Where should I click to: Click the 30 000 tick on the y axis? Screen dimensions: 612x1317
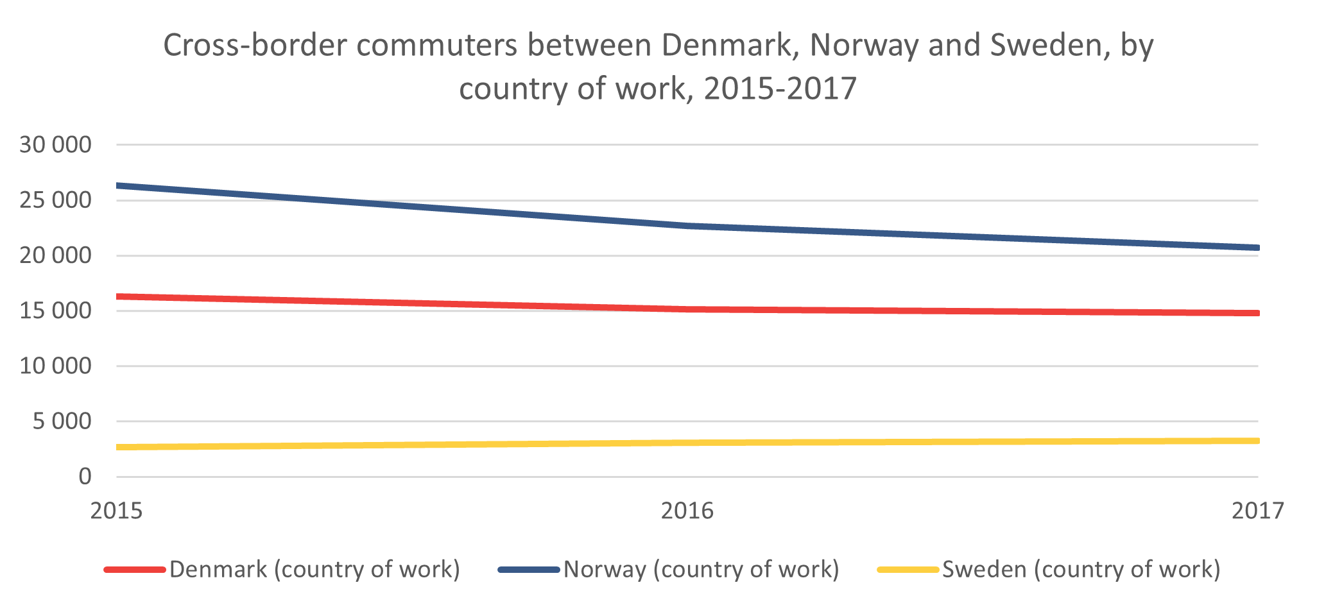tap(56, 145)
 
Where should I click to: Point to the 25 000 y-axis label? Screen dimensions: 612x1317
tap(56, 200)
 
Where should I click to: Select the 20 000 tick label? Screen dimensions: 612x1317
tap(56, 256)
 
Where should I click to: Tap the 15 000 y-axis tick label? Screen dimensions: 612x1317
tap(56, 311)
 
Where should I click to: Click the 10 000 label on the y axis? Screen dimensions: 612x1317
tap(56, 366)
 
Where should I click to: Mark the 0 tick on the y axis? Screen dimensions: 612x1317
tap(85, 477)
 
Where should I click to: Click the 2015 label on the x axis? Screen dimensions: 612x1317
tap(117, 511)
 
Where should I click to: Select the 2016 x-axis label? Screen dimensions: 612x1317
tap(687, 511)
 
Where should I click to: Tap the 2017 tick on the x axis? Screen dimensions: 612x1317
tap(1258, 511)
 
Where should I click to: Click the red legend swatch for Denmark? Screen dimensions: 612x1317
tap(135, 569)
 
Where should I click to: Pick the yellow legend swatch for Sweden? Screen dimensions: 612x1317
tap(908, 569)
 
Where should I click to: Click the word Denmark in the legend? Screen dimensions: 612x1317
tap(218, 569)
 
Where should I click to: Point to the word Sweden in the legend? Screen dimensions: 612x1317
tap(984, 569)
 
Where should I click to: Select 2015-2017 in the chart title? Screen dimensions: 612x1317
tap(780, 89)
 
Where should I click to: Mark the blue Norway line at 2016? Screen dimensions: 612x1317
tap(687, 226)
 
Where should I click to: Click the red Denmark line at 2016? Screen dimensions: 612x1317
tap(687, 309)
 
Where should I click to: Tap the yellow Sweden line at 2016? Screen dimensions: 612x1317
tap(687, 443)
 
